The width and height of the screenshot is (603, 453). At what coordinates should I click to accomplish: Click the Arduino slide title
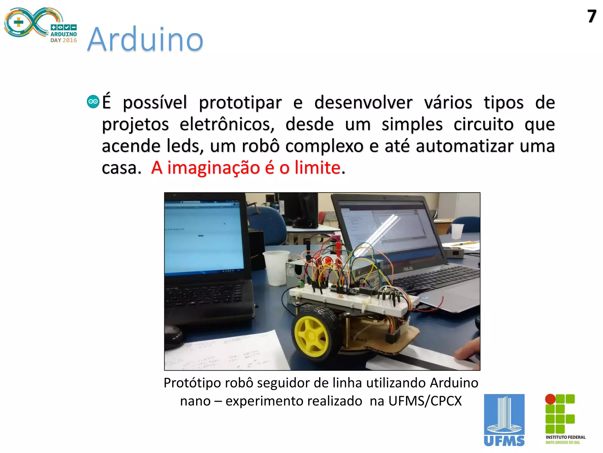coord(145,39)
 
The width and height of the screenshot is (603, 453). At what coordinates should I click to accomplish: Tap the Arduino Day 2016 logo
coord(40,25)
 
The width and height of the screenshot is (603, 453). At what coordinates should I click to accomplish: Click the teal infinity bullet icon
coord(93,102)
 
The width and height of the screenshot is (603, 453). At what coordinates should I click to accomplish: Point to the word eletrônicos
coord(227,124)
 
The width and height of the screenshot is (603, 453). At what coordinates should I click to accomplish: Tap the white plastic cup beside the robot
coord(276,267)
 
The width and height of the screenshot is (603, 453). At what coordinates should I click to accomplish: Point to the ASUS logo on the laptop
coord(407,269)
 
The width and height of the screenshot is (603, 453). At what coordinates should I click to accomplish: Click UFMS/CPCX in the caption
coord(425,401)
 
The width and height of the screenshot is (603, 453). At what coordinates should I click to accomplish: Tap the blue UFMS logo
coord(504,420)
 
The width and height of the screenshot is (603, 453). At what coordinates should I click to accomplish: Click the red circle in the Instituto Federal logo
coord(550,399)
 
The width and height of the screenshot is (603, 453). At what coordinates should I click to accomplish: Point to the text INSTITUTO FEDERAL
coord(565,437)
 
